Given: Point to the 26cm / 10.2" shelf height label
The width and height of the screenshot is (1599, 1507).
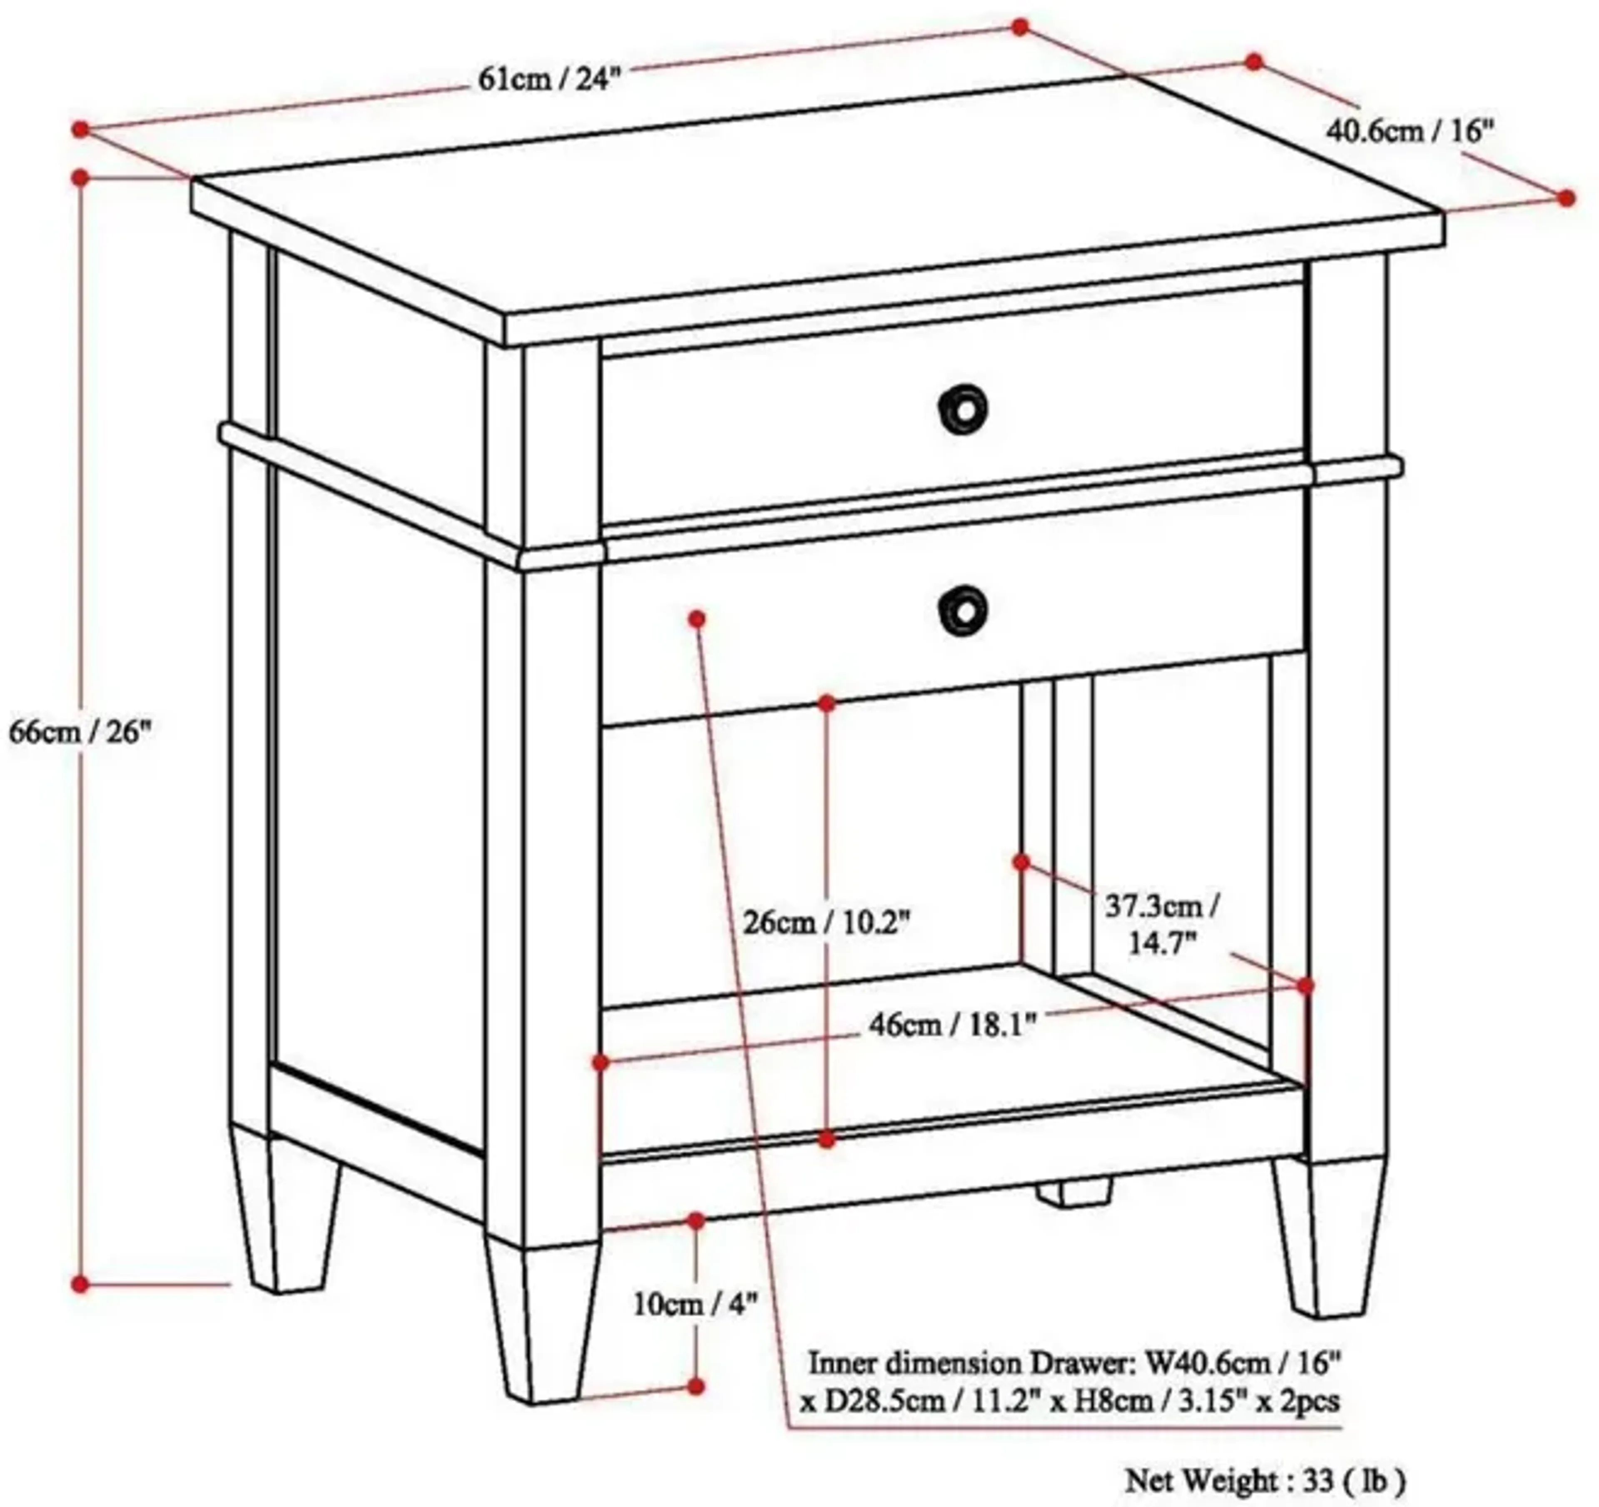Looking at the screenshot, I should tap(826, 922).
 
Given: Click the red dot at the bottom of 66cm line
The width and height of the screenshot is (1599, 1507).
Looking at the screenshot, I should tap(80, 1284).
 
